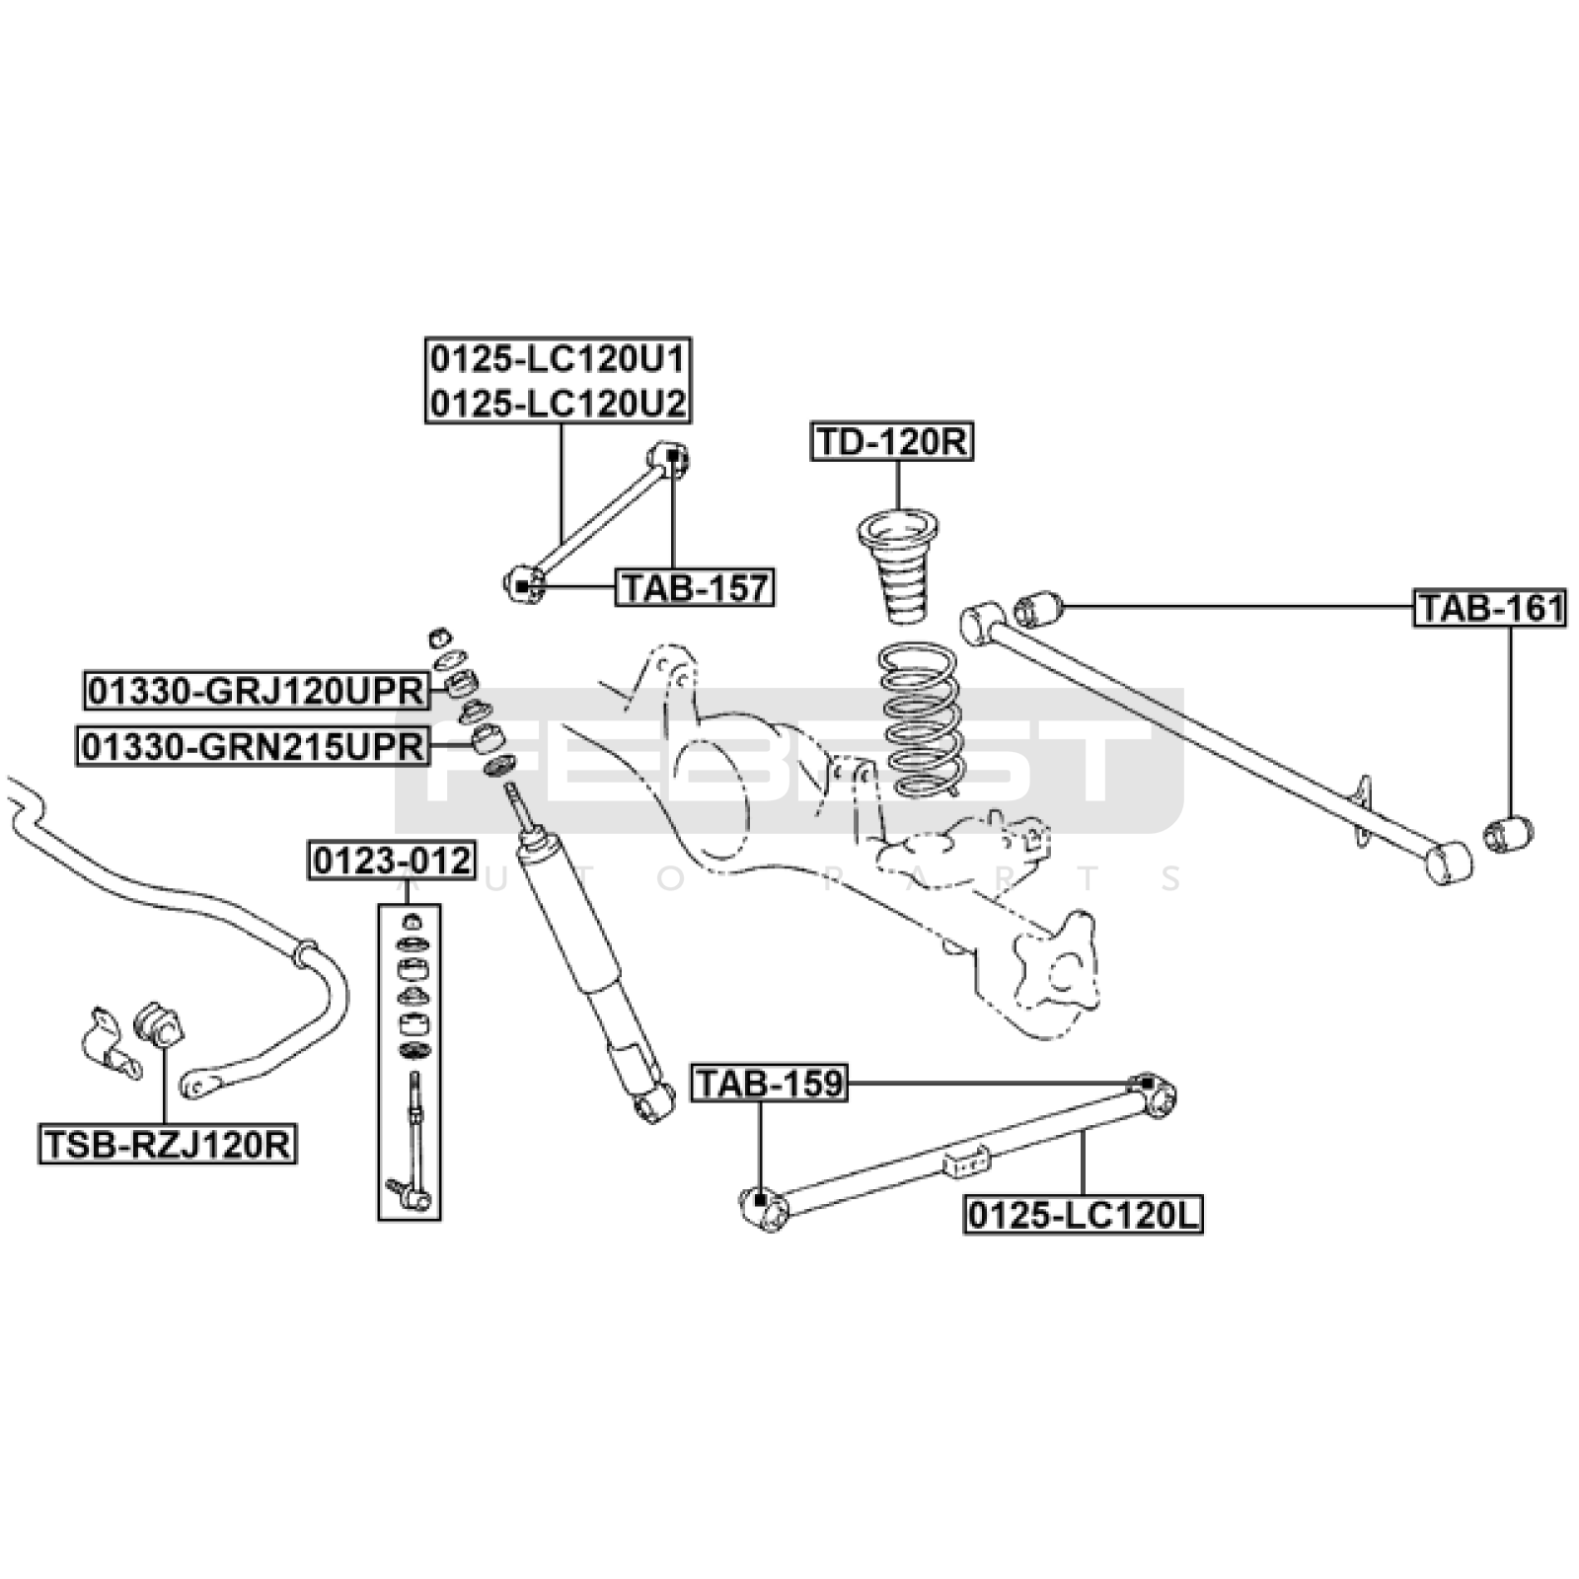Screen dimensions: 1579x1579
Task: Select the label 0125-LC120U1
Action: (x=558, y=359)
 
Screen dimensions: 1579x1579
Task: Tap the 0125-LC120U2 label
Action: (x=558, y=403)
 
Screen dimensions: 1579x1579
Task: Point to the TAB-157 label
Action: (x=695, y=588)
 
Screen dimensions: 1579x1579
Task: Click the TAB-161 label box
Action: (x=1490, y=608)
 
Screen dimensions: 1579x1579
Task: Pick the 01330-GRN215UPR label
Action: (x=253, y=747)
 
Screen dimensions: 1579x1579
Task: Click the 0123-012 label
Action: (x=392, y=861)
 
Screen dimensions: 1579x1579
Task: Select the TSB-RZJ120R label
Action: (x=168, y=1145)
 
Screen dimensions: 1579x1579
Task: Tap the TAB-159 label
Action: (x=770, y=1084)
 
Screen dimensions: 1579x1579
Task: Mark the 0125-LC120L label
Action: (x=1083, y=1215)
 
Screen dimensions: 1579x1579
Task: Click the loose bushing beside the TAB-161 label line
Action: (x=1037, y=608)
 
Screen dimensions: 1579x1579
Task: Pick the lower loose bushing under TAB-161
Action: (x=1508, y=832)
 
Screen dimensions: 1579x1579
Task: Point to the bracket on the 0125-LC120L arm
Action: (x=966, y=1161)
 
